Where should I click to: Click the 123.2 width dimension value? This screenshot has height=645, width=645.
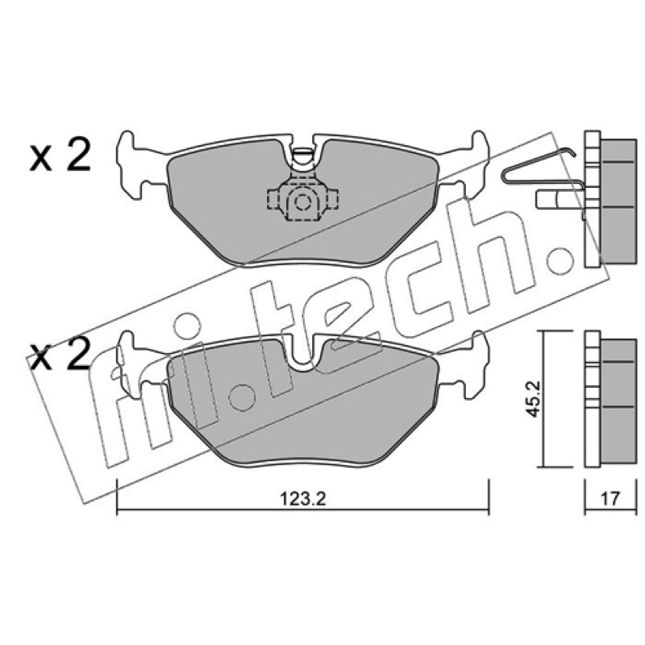[303, 499]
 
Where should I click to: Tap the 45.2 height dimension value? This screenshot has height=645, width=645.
[534, 399]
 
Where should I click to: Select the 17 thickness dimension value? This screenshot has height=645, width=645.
[610, 499]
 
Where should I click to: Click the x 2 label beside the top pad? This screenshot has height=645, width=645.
[60, 156]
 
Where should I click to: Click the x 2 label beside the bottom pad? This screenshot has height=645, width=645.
[60, 356]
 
